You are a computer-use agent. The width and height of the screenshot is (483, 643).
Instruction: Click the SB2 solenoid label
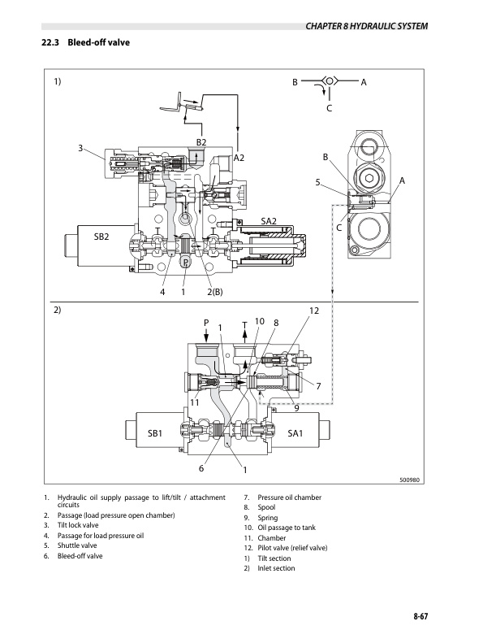(x=101, y=237)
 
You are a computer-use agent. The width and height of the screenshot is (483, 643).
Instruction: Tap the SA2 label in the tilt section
(x=269, y=221)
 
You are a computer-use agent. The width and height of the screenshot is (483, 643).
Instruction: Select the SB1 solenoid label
(x=156, y=434)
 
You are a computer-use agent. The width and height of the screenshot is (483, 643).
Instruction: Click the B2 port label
(x=202, y=143)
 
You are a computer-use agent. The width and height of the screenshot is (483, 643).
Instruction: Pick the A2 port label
(x=239, y=159)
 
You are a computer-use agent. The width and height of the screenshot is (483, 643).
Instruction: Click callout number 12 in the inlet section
(x=315, y=312)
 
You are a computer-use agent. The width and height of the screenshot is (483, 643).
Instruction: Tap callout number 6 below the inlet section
(x=201, y=469)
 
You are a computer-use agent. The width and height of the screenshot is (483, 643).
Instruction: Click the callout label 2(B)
(x=215, y=292)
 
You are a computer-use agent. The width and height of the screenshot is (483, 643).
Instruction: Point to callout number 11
(x=195, y=402)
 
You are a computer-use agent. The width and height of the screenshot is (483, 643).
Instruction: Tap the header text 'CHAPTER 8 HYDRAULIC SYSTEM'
(x=366, y=26)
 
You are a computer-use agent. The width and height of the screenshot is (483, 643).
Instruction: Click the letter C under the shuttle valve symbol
(x=328, y=108)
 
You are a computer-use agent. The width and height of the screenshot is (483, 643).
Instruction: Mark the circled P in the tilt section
(x=185, y=262)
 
